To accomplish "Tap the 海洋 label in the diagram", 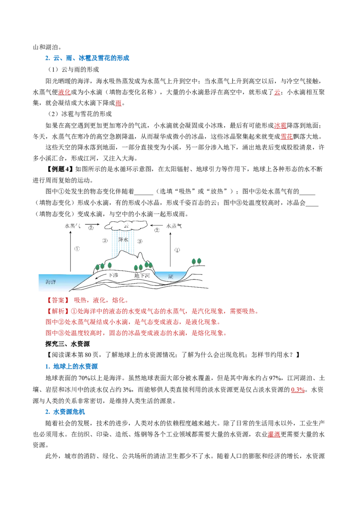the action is click(51, 282).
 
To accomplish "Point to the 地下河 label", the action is click(142, 276).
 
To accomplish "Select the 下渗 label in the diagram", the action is click(113, 275).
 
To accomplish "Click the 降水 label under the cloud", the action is click(123, 240).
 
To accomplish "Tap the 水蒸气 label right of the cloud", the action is click(174, 226).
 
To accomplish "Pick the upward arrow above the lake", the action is click(170, 249).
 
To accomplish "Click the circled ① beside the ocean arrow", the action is click(77, 249).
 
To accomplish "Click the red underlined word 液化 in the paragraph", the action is click(64, 92).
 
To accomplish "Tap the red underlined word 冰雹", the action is click(280, 125).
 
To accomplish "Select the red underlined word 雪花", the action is click(287, 137).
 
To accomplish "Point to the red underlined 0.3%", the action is click(297, 389).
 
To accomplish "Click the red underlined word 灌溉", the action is click(274, 434).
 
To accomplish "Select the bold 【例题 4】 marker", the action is click(59, 169).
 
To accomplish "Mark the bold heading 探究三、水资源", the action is click(67, 344).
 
